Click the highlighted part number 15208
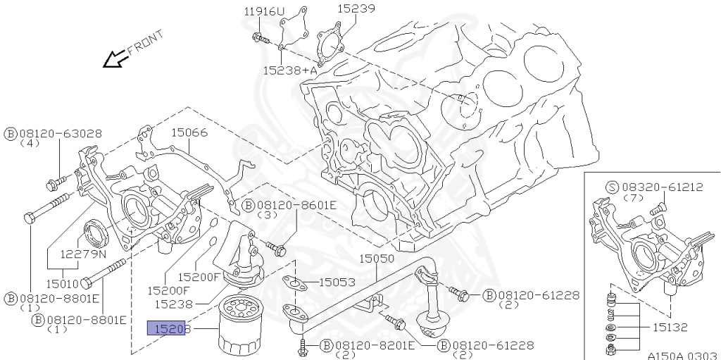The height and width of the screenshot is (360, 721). coord(165,328)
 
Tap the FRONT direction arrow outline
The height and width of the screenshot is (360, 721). coord(114,61)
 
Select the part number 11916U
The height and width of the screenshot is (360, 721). coord(265,11)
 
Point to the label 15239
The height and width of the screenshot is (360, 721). coord(356,9)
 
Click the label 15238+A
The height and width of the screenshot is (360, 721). coord(289,70)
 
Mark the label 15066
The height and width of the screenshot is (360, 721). coord(189,132)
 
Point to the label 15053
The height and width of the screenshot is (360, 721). coord(337,282)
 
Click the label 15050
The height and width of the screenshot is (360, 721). coord(377,259)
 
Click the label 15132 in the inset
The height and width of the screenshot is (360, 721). coord(670,328)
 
